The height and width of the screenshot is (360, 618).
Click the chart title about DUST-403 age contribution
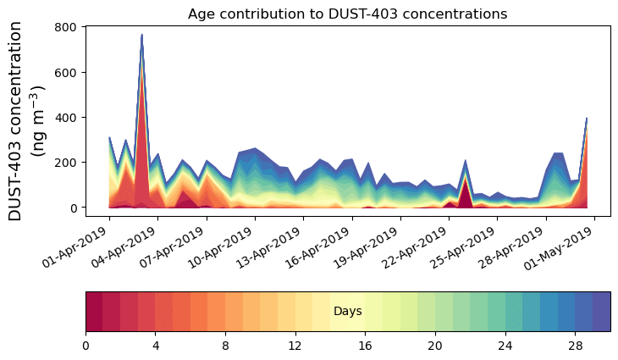point(347,14)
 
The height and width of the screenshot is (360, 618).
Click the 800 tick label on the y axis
point(68,27)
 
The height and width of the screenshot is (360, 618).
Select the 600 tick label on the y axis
point(68,72)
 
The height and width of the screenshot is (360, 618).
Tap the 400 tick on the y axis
point(68,117)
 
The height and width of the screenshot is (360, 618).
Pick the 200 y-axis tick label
point(68,162)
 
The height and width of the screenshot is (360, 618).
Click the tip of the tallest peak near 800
point(141,36)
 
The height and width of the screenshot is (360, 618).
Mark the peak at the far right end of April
point(586,119)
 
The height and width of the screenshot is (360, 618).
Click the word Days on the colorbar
point(348,312)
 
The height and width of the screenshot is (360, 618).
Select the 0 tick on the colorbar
point(86,346)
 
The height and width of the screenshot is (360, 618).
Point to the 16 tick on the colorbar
point(366,346)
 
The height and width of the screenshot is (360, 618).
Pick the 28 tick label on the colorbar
point(576,346)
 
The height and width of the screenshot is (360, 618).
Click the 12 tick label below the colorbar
point(295,346)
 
